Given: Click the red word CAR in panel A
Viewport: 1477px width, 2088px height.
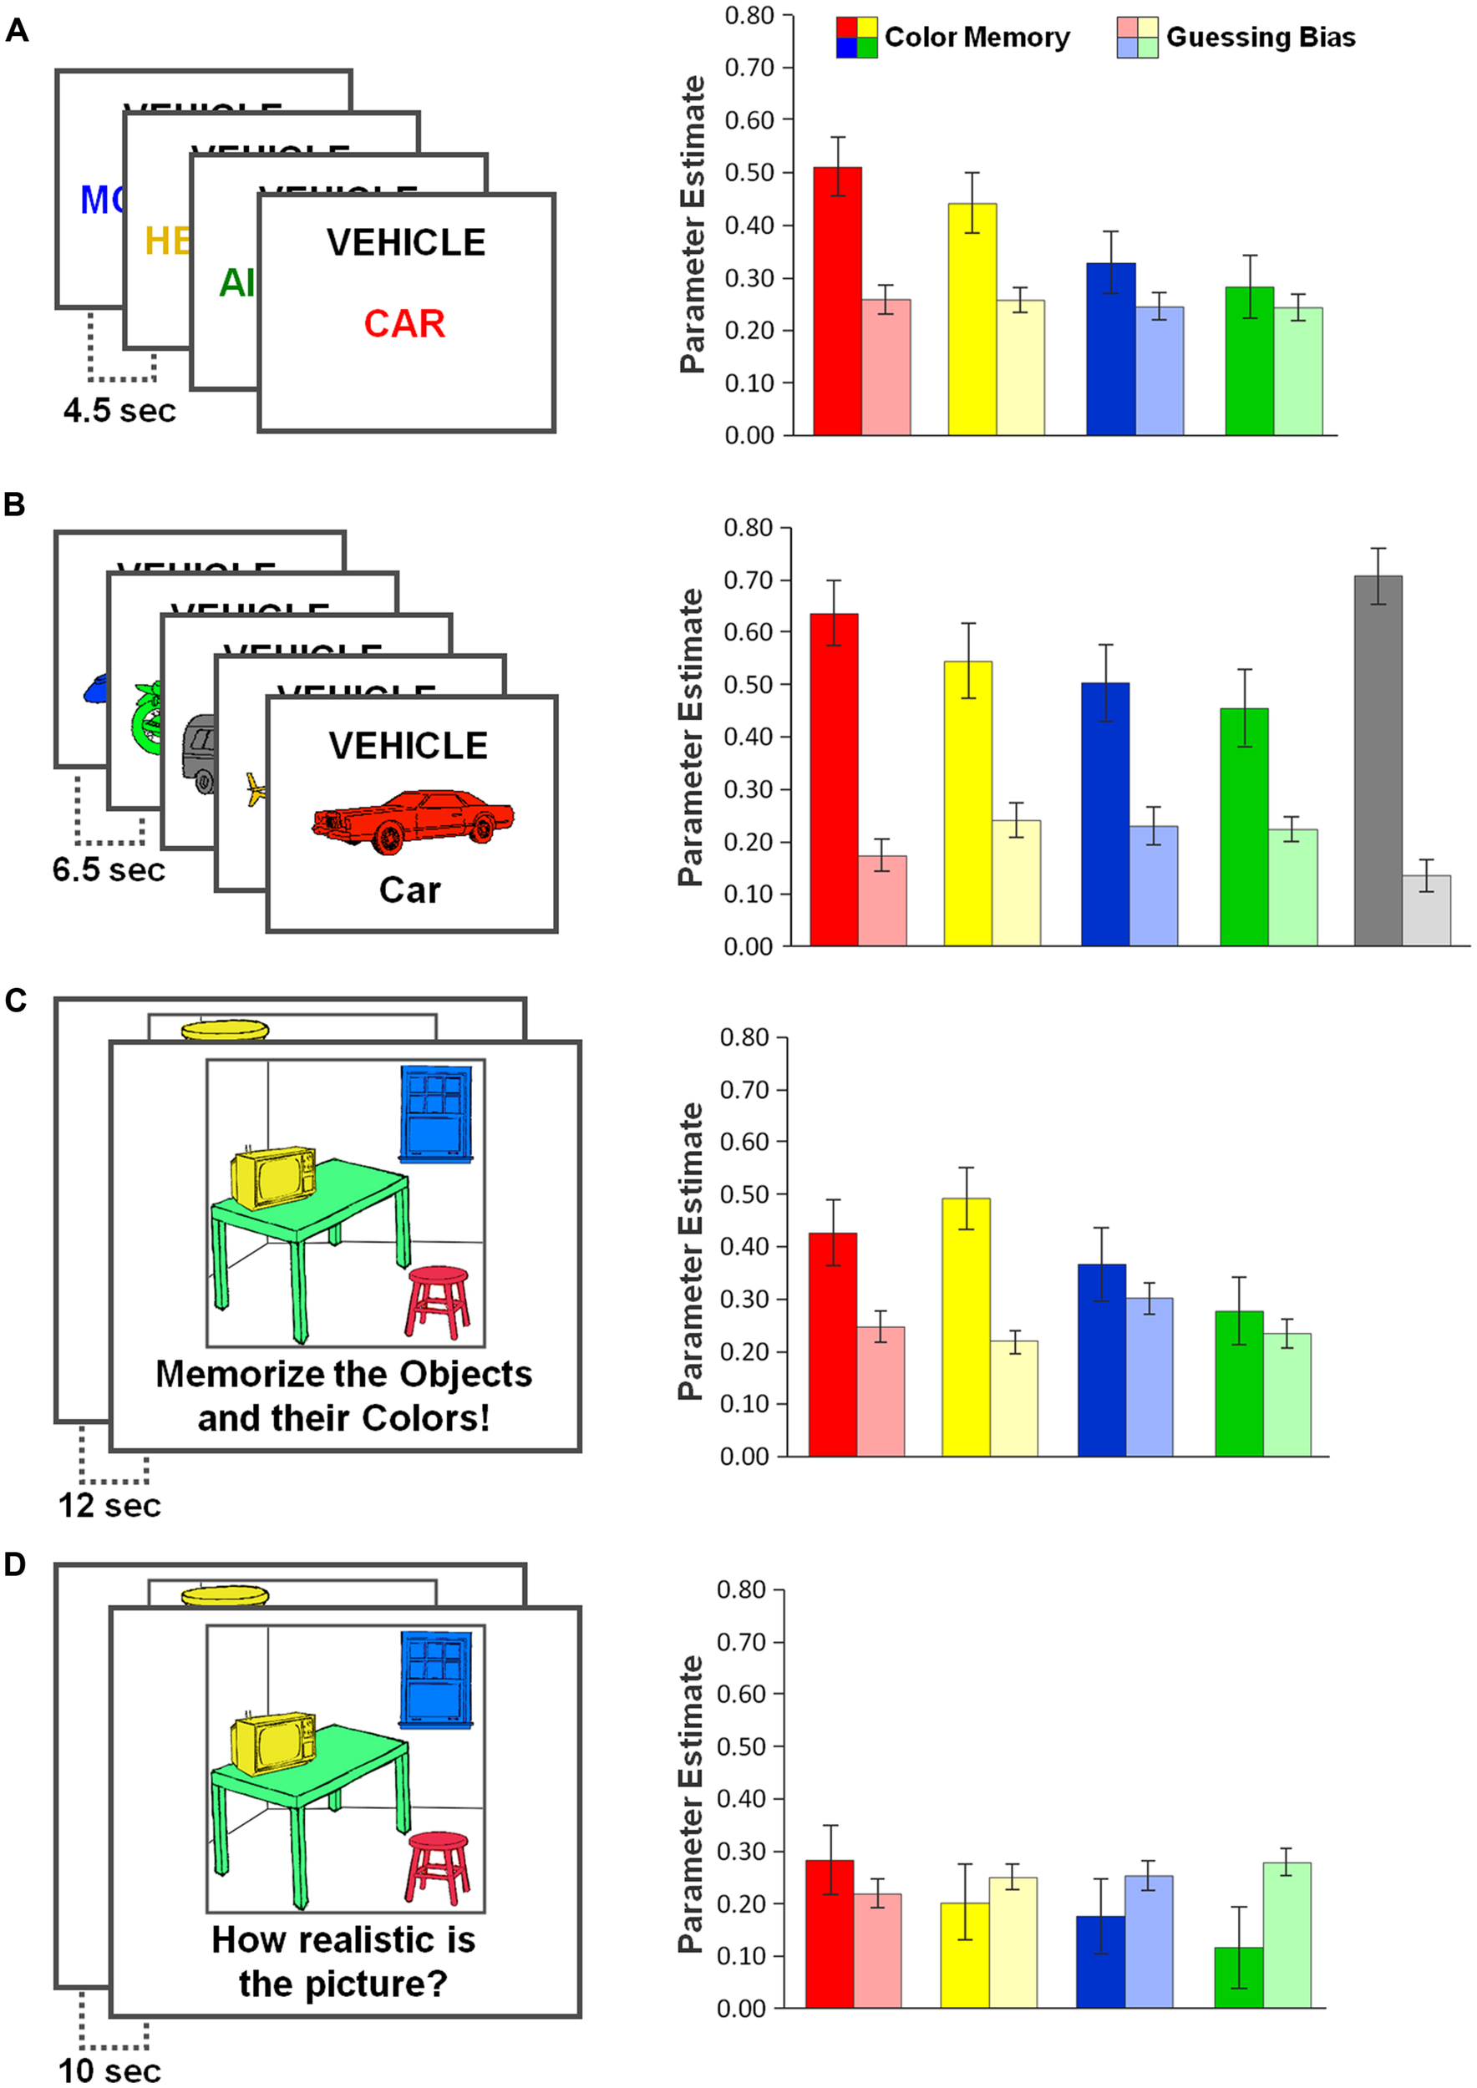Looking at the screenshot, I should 404,324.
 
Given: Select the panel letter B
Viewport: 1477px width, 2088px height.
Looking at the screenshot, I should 14,504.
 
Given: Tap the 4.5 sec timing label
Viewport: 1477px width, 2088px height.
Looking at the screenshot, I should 119,410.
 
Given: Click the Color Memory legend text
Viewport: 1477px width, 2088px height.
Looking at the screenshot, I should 977,38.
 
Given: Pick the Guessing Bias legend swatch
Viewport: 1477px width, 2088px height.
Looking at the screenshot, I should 1137,38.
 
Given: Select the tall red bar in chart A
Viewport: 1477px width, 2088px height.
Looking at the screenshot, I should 837,300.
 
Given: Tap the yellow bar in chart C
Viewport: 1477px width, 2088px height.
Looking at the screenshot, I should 966,1327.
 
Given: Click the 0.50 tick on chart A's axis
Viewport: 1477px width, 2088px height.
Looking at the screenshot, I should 749,173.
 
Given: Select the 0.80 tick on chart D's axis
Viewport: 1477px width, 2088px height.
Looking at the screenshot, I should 741,1589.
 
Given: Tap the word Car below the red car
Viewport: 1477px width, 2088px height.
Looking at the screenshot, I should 409,890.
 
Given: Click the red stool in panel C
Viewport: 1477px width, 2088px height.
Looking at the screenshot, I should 438,1301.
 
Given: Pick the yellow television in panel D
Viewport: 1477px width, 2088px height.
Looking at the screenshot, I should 273,1742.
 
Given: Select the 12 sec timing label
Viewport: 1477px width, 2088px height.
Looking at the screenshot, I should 109,1505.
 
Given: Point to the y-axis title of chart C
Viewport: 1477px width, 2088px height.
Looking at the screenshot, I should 691,1251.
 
